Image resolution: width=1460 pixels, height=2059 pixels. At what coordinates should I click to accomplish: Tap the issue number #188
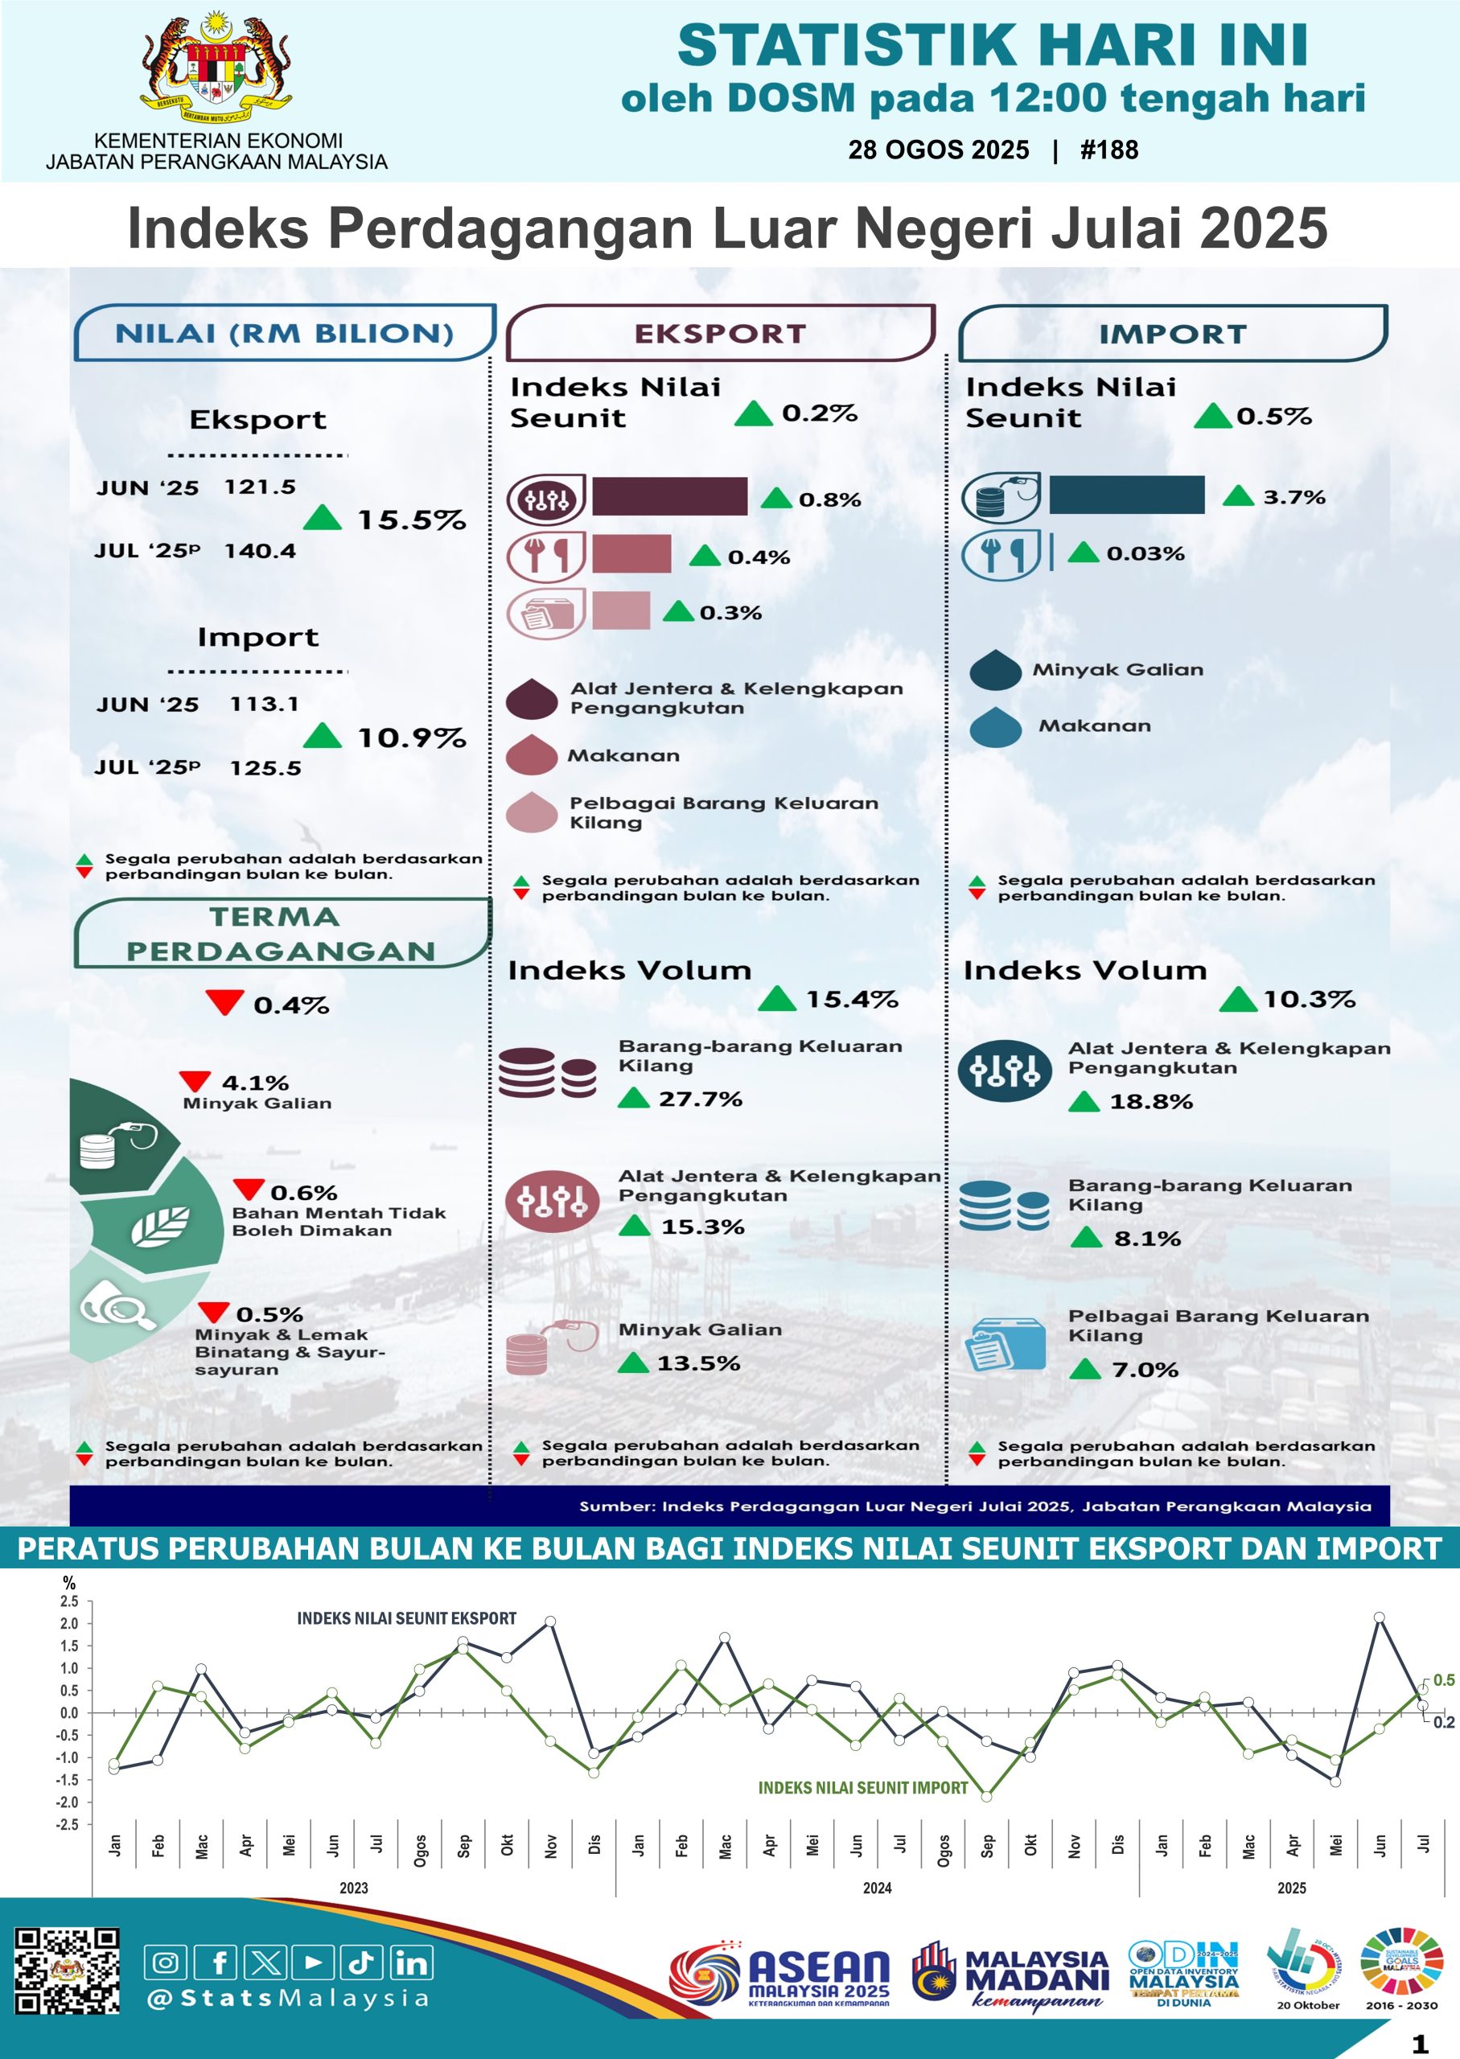point(1108,150)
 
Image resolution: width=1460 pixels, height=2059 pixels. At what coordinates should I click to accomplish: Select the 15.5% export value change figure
point(412,520)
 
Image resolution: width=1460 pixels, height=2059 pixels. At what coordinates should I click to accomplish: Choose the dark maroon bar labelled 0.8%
point(669,496)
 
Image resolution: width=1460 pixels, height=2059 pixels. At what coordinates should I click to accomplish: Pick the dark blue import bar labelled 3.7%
point(1126,495)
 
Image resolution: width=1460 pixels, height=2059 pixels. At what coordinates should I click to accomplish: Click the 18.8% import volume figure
point(1151,1101)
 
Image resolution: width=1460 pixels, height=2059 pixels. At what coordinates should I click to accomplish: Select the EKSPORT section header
point(720,334)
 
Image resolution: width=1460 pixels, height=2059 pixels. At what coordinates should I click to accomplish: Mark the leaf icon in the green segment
point(160,1226)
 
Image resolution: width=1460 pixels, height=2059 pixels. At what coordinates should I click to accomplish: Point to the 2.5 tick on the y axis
point(69,1601)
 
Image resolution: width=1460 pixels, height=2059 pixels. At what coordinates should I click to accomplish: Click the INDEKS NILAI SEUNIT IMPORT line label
point(862,1788)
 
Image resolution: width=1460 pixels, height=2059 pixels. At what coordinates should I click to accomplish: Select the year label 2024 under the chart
point(877,1888)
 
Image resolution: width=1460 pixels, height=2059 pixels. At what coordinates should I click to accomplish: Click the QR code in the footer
point(67,1971)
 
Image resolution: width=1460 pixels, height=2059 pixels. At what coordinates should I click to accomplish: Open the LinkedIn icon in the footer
point(411,1962)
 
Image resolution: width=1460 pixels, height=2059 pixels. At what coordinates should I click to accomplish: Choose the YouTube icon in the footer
point(314,1962)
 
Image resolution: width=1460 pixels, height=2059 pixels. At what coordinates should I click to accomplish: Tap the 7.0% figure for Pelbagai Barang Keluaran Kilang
point(1145,1370)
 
